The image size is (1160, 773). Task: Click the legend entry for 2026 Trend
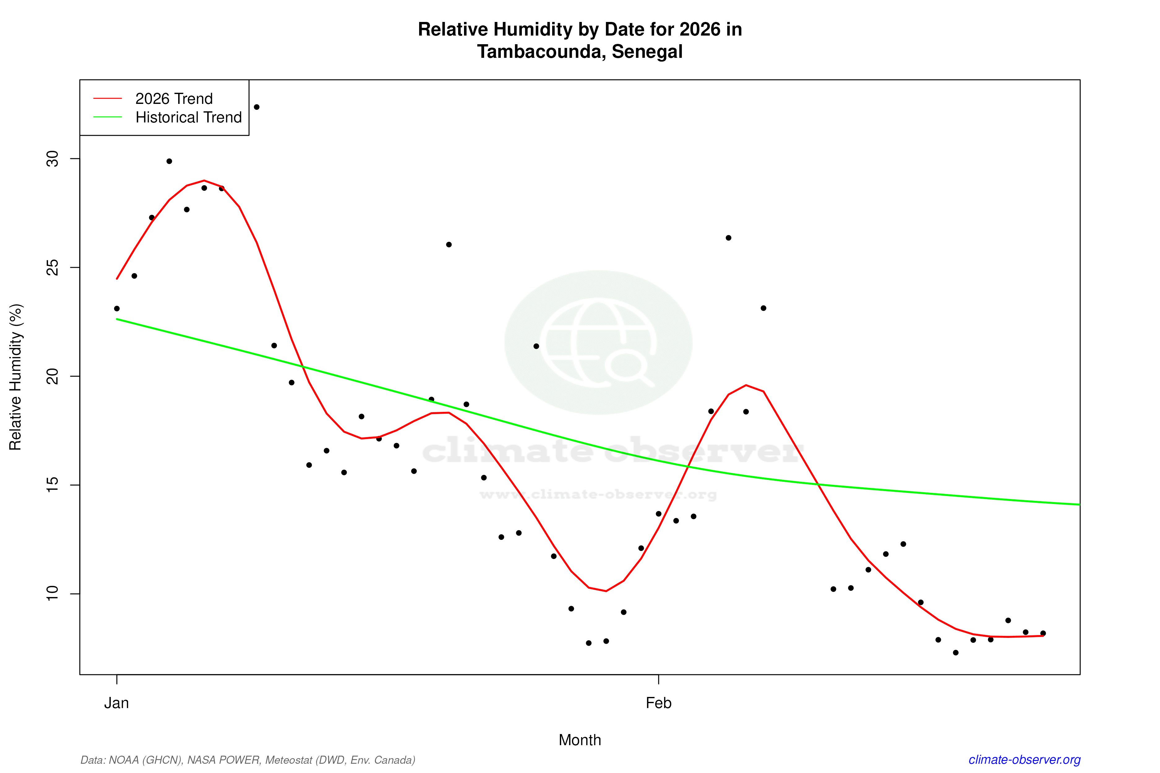click(174, 99)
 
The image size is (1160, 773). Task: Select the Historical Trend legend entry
click(188, 117)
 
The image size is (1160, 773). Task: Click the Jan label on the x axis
click(116, 703)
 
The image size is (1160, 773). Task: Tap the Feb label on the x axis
click(659, 703)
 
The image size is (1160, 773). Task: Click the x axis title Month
click(579, 740)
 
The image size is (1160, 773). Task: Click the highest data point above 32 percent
click(256, 107)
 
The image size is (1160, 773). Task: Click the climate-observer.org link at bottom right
click(1025, 760)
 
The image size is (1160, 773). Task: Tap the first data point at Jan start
click(117, 309)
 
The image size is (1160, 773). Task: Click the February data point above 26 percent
click(728, 237)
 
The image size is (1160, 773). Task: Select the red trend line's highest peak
click(204, 181)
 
